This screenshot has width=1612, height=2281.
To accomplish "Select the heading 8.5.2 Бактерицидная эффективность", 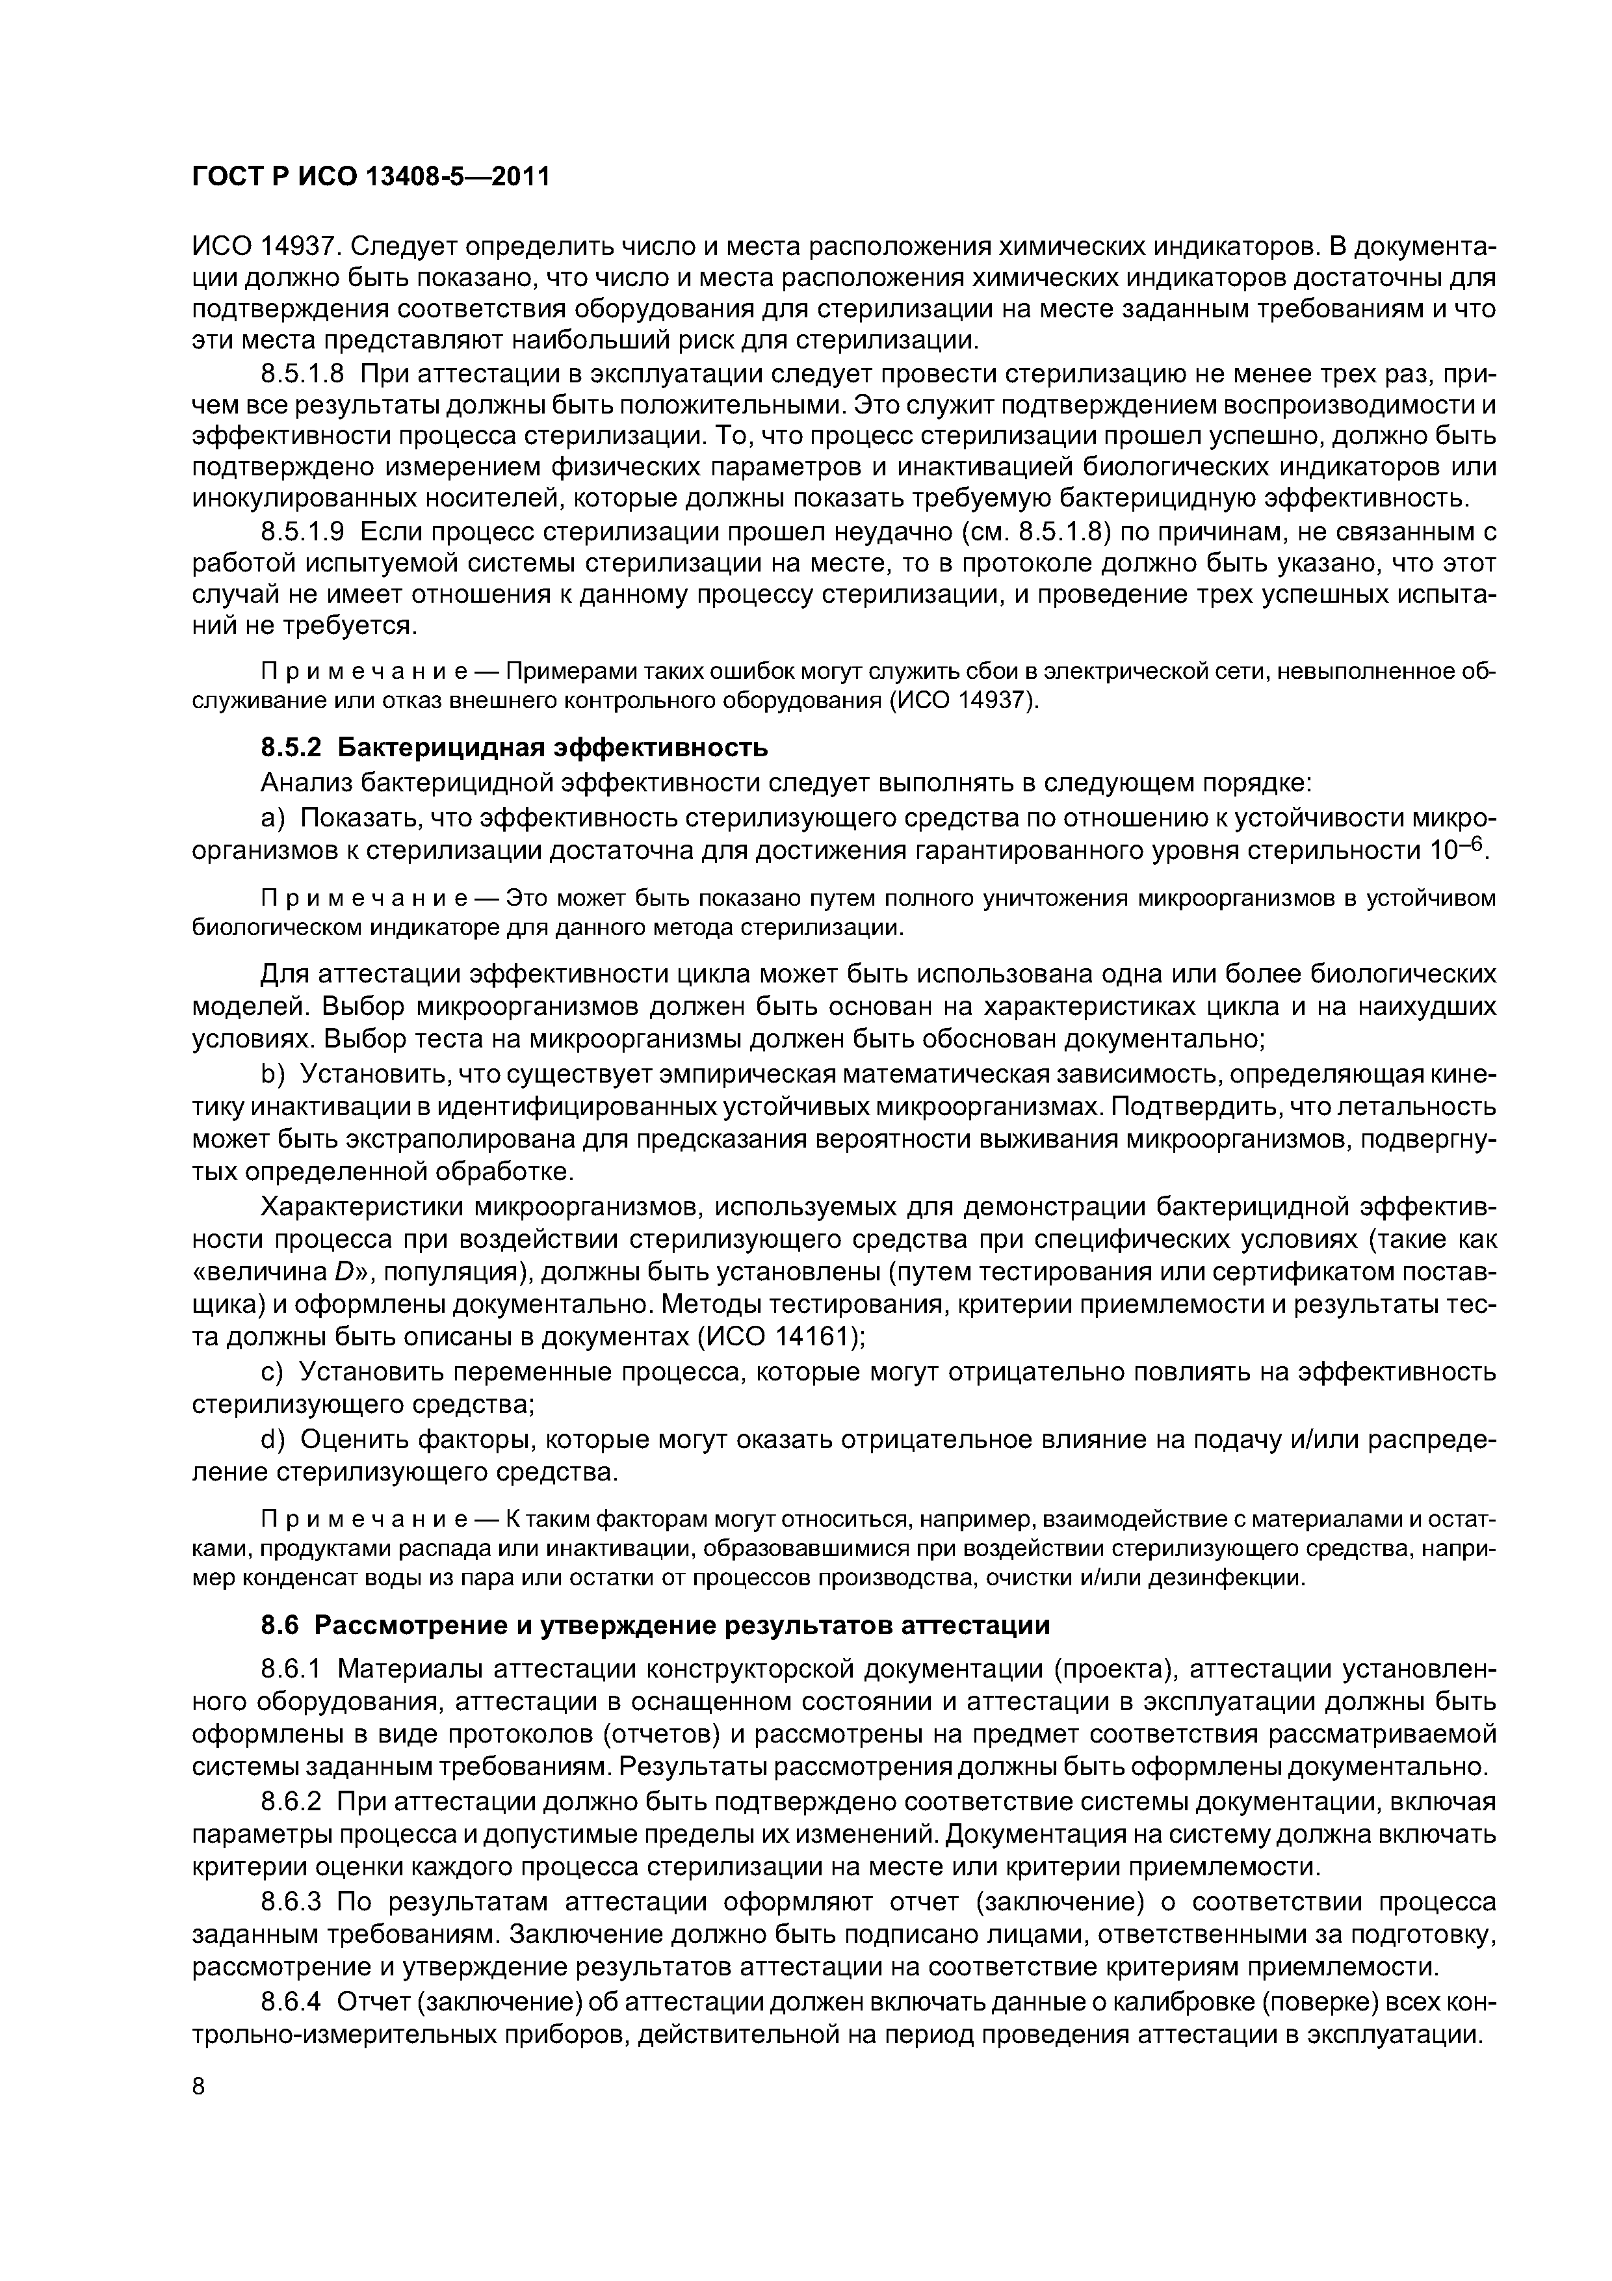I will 515,746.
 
